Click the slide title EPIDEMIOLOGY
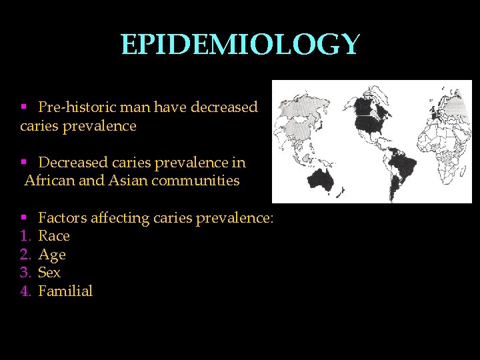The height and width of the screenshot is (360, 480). pos(240,45)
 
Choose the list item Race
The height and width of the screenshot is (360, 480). pos(54,236)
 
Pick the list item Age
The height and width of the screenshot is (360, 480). pos(52,255)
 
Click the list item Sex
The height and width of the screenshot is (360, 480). pos(49,273)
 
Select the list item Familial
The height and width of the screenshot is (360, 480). pos(65,291)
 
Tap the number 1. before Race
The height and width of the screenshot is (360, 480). pos(26,236)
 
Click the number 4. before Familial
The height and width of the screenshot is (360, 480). pos(26,291)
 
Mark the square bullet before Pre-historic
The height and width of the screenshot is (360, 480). pos(23,107)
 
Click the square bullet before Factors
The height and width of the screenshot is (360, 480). pos(23,217)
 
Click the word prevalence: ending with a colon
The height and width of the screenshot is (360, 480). pos(243,217)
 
